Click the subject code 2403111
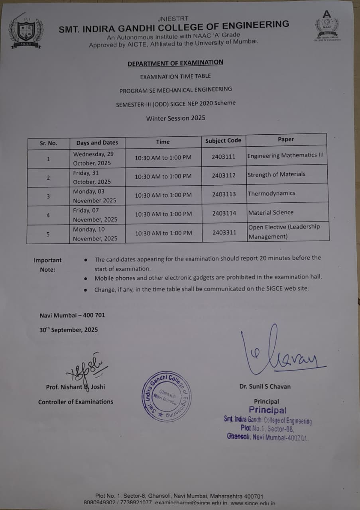click(x=224, y=157)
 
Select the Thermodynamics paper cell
click(x=271, y=194)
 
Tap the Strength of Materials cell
click(x=276, y=175)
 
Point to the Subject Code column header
click(x=223, y=141)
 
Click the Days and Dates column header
click(x=97, y=143)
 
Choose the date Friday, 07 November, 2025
click(x=95, y=215)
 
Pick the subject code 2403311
click(x=224, y=232)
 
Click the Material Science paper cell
click(x=271, y=213)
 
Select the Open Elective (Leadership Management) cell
click(x=284, y=231)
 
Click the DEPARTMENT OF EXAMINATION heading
click(x=175, y=63)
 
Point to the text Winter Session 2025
click(x=175, y=118)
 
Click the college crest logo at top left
click(x=26, y=32)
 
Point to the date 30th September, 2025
click(x=69, y=330)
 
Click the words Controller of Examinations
click(x=75, y=402)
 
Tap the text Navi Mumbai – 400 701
click(x=72, y=315)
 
